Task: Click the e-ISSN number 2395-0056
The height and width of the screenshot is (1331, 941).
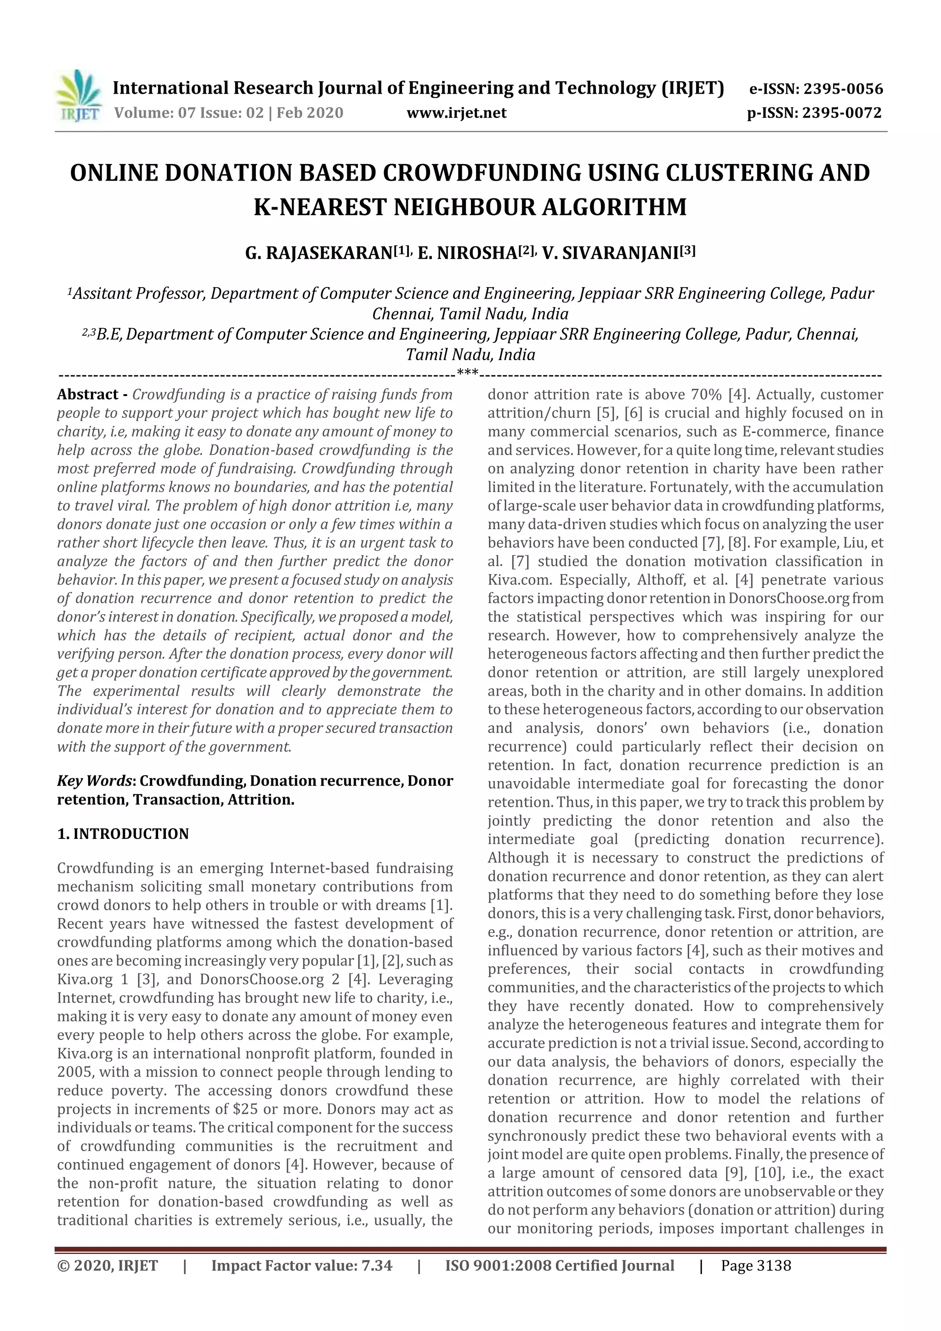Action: pyautogui.click(x=842, y=89)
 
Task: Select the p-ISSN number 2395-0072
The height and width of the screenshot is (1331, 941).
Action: pyautogui.click(x=841, y=113)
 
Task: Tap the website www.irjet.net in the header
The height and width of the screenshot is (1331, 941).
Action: pyautogui.click(x=456, y=113)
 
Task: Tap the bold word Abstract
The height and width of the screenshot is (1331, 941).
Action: pyautogui.click(x=88, y=395)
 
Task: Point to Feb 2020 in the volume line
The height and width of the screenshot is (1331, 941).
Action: pyautogui.click(x=310, y=113)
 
